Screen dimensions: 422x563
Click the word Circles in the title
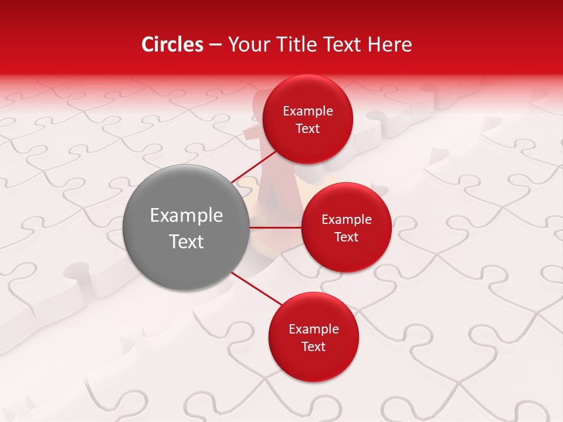click(x=172, y=45)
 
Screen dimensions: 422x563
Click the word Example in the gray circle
click(x=186, y=216)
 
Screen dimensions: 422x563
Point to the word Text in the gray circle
click(x=186, y=241)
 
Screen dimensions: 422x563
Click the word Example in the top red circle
click(x=308, y=111)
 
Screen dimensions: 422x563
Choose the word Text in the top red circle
click(x=308, y=128)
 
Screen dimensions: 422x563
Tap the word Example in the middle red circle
click(x=347, y=219)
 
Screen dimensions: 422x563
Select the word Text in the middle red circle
click(x=347, y=237)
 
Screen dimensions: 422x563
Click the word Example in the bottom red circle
click(x=314, y=329)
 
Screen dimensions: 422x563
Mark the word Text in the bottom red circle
click(x=314, y=346)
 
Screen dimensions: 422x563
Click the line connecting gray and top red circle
click(x=253, y=166)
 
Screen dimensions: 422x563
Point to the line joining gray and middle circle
click(x=276, y=227)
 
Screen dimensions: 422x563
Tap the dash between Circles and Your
click(x=215, y=45)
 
